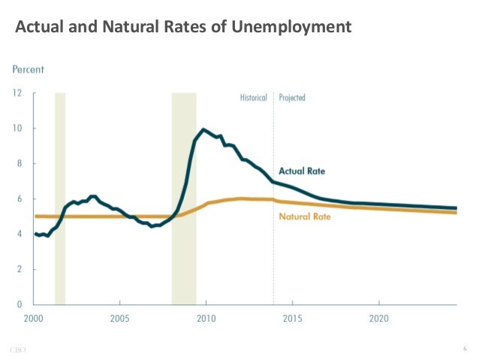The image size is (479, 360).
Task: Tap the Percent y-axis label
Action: point(28,70)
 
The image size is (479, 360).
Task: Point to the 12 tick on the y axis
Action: point(17,93)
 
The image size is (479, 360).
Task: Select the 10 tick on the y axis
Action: point(17,129)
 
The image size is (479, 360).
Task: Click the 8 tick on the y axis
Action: point(18,164)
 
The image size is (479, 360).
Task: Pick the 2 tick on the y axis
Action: point(18,269)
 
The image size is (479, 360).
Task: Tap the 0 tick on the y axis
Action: point(18,304)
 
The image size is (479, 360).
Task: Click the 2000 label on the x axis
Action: point(35,319)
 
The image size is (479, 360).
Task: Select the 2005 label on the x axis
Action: point(120,319)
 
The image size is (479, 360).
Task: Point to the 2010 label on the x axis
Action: point(206,319)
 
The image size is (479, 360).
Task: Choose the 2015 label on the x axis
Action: point(293,319)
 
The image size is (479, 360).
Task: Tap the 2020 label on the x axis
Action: point(379,319)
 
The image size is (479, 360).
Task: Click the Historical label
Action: point(253,98)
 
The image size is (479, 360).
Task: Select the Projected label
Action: point(292,98)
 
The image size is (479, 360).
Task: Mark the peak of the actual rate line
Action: point(203,129)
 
